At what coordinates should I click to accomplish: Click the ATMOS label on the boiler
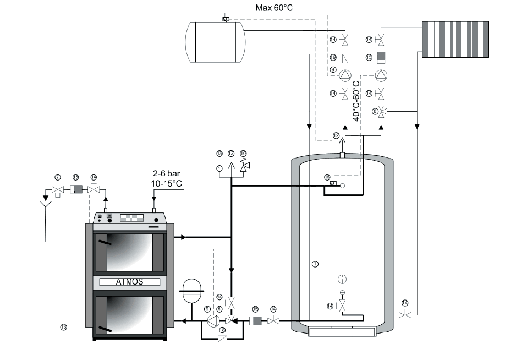(129, 281)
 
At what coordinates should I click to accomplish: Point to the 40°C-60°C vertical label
(356, 101)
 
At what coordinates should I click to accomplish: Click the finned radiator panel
(455, 40)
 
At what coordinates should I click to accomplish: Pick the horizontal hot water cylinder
(213, 41)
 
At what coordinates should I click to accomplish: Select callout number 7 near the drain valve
(57, 177)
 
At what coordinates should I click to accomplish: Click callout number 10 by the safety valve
(243, 154)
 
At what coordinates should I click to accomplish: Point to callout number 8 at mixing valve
(375, 111)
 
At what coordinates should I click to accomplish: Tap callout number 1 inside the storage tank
(315, 264)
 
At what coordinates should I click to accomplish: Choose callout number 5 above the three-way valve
(219, 309)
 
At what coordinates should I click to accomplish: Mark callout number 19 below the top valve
(333, 57)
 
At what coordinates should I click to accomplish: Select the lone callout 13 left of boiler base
(63, 327)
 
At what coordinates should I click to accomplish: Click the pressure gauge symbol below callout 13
(219, 166)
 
